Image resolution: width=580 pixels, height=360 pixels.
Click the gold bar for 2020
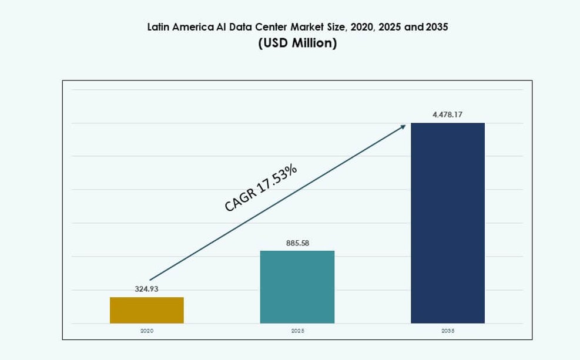click(x=146, y=310)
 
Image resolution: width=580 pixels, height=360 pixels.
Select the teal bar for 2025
click(x=297, y=287)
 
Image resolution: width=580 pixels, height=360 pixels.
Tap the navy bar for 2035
click(x=447, y=223)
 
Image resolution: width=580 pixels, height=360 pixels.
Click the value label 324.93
click(x=146, y=289)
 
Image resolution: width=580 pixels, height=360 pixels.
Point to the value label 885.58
click(x=297, y=243)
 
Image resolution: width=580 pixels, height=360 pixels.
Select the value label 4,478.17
click(x=447, y=115)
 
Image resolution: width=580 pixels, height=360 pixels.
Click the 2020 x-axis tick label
click(x=146, y=331)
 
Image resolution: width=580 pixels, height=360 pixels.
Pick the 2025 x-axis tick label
click(x=297, y=331)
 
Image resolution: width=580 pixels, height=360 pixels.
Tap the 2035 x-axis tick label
click(x=448, y=331)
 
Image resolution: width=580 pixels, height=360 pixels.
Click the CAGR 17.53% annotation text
click(x=261, y=187)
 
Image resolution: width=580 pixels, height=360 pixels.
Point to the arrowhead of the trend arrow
click(x=404, y=126)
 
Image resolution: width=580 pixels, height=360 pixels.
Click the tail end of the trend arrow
click(x=151, y=280)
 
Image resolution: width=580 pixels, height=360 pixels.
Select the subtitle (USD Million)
click(x=297, y=44)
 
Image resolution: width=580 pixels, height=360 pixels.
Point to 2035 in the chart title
click(x=435, y=27)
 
